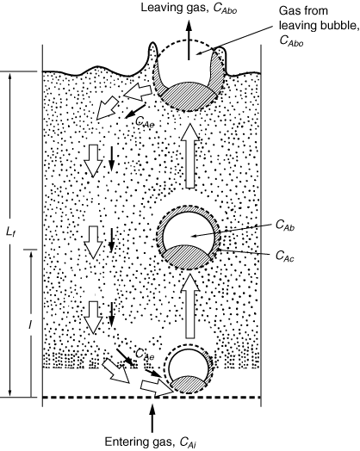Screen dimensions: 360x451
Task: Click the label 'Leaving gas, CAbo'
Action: (189, 8)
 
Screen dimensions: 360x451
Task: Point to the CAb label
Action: (285, 225)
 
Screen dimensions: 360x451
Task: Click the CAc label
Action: (284, 256)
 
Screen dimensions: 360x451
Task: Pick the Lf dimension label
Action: (10, 232)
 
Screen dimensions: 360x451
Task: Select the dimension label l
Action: (30, 324)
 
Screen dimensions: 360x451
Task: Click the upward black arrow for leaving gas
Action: (189, 40)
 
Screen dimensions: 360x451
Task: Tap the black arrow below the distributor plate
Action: (152, 418)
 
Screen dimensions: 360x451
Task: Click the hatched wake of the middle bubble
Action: (188, 256)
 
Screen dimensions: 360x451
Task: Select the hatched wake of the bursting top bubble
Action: (189, 95)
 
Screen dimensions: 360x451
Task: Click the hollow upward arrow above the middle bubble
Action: (189, 156)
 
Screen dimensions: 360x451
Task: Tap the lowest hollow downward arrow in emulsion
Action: (93, 318)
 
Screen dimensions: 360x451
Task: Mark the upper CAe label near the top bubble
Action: (145, 122)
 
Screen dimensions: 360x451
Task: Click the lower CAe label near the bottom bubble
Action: (145, 355)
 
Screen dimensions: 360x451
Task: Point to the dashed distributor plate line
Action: (152, 398)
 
